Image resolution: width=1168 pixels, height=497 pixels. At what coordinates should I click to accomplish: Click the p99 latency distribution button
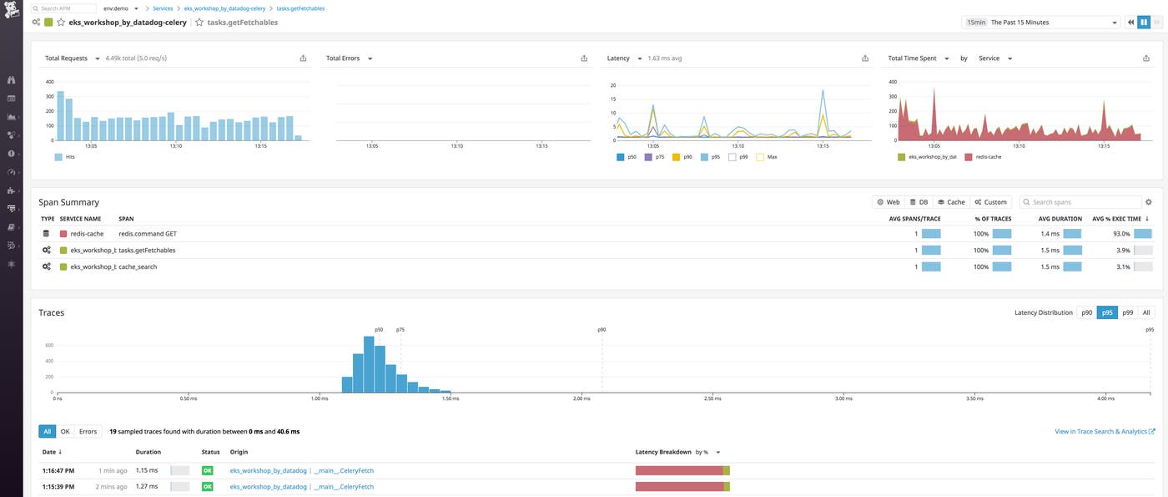1128,312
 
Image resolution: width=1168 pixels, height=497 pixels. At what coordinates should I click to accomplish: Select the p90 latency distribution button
1086,312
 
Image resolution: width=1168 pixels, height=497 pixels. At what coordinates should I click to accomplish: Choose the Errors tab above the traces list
88,432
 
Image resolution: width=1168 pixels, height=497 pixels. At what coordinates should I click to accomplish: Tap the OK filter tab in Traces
65,432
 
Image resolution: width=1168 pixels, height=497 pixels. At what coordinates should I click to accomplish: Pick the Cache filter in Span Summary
951,202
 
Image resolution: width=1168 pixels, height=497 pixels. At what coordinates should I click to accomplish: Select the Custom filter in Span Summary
990,202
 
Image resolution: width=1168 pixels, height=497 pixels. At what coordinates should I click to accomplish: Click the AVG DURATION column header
1060,219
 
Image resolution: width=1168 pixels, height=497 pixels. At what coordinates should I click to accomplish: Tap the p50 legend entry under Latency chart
631,156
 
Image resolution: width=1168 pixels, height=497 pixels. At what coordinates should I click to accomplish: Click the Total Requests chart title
66,58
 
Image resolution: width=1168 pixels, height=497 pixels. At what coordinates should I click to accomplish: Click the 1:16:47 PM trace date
58,471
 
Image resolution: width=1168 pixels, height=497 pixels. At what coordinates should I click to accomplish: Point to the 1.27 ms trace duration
147,486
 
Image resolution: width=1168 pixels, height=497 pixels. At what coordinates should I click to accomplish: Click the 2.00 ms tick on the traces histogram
581,398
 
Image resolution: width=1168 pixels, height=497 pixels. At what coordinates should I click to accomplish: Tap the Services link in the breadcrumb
163,8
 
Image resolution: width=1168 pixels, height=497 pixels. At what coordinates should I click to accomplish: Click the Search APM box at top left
65,8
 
